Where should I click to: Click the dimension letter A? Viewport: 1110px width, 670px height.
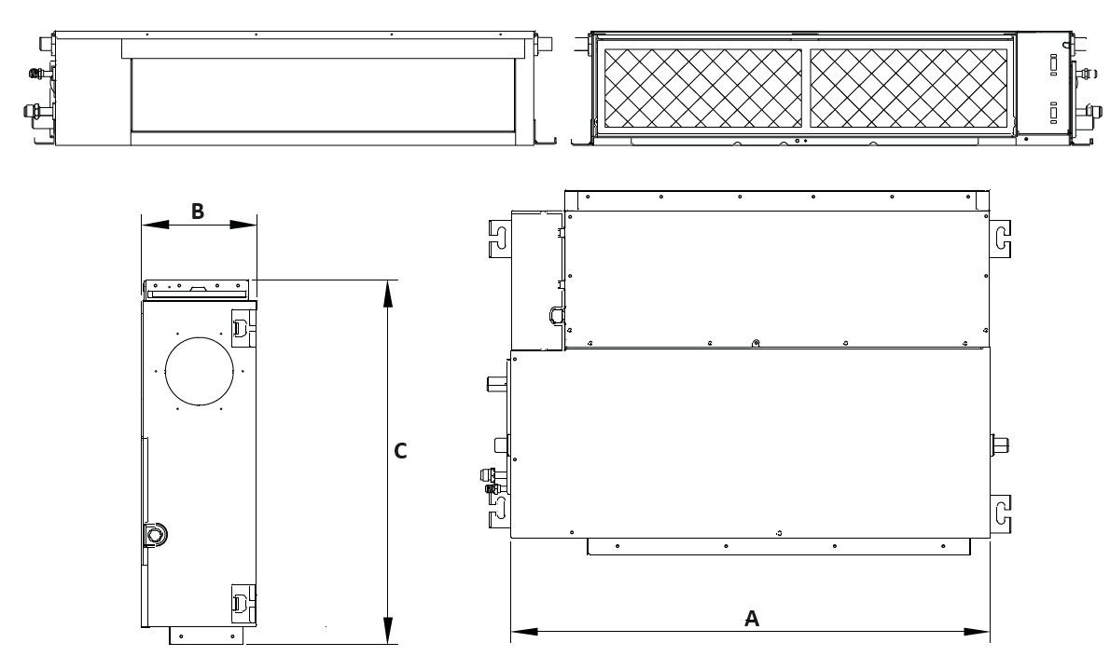[x=752, y=619]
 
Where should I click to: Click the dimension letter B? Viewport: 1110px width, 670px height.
[x=198, y=211]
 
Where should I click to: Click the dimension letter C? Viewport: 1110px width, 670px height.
[x=401, y=451]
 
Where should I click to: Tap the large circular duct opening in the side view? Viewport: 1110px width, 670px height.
[x=200, y=372]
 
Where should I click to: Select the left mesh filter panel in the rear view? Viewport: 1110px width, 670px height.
[x=702, y=88]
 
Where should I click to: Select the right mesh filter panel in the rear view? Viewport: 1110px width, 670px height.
[x=909, y=88]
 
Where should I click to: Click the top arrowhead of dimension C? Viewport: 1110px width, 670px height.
[x=387, y=294]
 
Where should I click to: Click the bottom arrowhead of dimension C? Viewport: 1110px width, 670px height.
[x=387, y=630]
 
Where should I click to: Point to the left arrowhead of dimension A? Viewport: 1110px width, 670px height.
[x=524, y=631]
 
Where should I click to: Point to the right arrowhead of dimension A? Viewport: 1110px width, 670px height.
[x=976, y=631]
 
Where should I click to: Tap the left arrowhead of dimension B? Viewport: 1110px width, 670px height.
[x=156, y=225]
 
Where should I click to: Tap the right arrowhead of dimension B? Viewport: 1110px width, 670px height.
[x=243, y=225]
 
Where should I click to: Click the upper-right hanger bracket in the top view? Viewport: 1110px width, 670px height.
[x=1000, y=239]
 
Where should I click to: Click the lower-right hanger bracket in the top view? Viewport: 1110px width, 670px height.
[x=1000, y=513]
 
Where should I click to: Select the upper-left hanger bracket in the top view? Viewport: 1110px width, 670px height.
[x=500, y=239]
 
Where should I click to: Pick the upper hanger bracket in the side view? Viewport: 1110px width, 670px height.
[x=243, y=328]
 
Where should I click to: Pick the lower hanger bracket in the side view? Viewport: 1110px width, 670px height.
[x=243, y=604]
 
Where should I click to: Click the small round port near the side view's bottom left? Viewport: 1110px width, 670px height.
[x=154, y=534]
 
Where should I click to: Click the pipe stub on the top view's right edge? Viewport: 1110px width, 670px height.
[x=1000, y=445]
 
